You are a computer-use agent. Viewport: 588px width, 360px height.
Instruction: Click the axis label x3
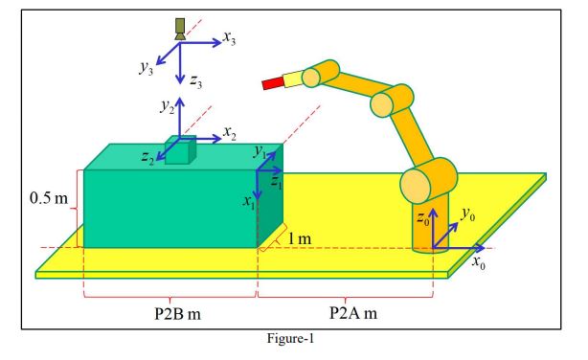pos(230,39)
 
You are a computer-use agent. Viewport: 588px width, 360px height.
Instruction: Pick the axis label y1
pos(259,151)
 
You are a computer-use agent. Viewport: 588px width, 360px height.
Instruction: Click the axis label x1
pos(248,202)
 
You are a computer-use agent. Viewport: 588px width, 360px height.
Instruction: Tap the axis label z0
pos(422,219)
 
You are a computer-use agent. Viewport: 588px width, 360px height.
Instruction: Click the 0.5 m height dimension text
pos(48,199)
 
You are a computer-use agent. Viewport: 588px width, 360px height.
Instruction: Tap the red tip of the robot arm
pos(272,85)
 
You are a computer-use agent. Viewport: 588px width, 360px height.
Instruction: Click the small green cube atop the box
pos(180,151)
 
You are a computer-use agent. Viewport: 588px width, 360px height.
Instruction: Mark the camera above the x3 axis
pos(179,28)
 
